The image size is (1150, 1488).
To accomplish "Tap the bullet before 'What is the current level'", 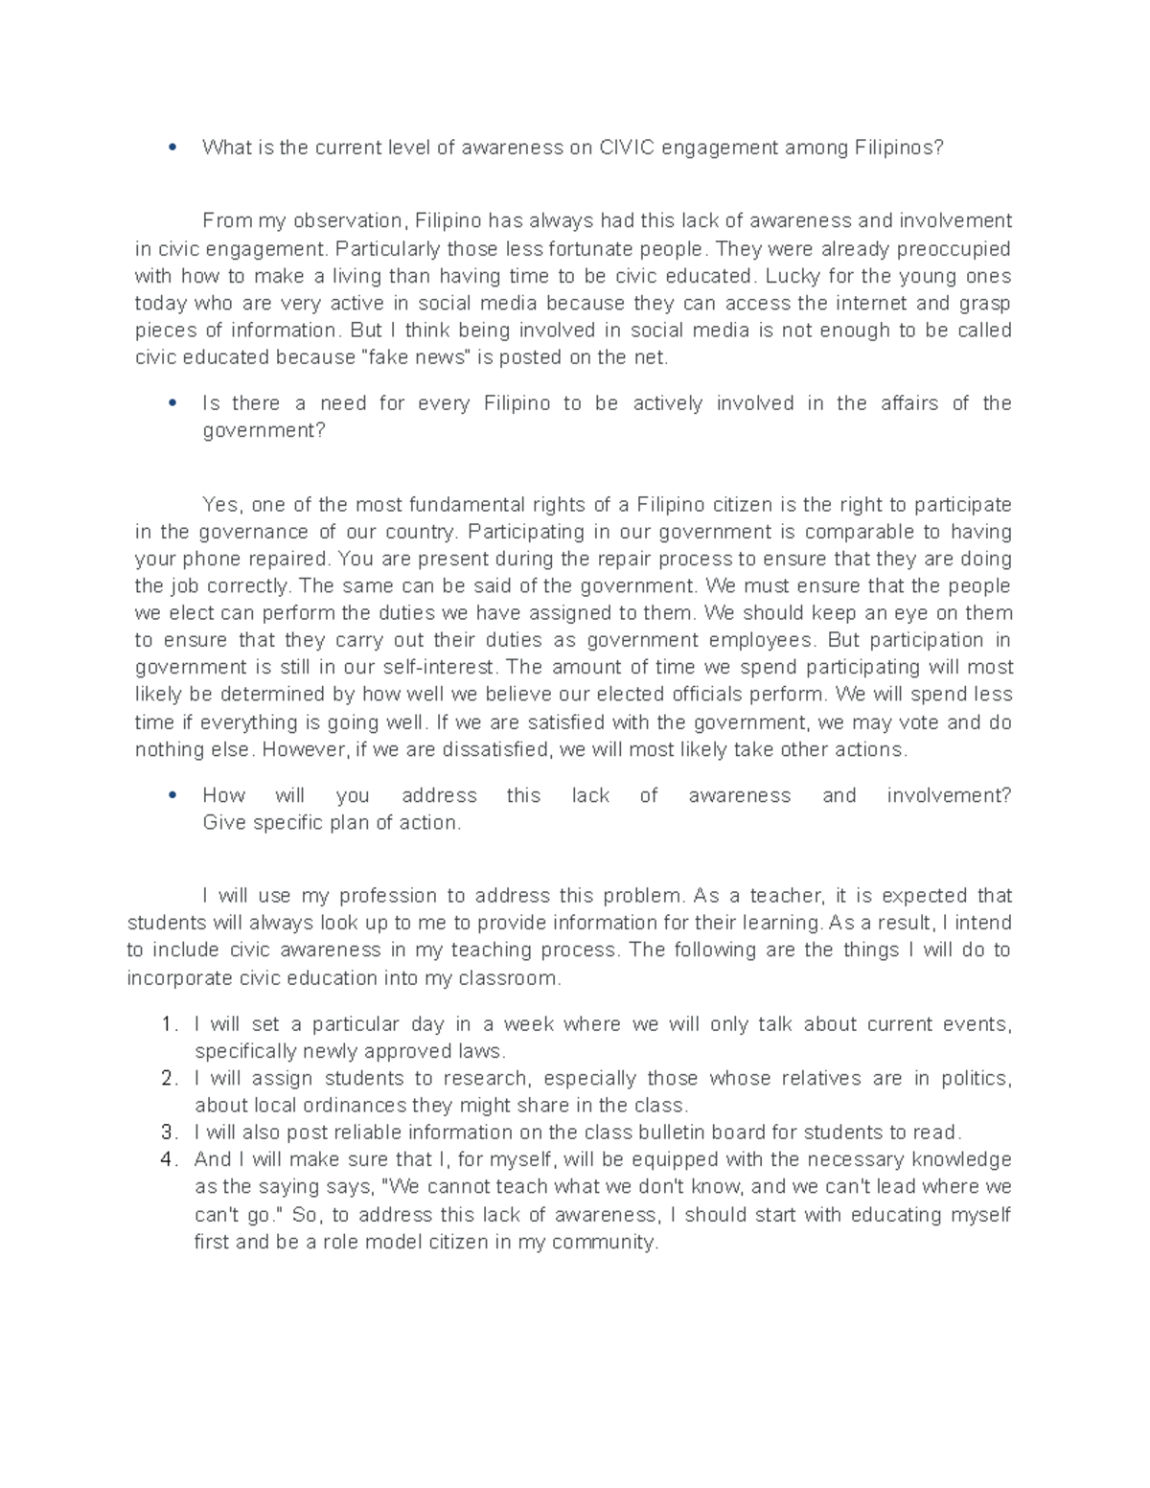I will (x=172, y=148).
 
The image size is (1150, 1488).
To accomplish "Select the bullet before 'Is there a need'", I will (x=172, y=403).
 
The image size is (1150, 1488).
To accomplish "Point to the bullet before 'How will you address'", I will (x=172, y=795).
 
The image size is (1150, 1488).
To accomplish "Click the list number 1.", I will (x=169, y=1024).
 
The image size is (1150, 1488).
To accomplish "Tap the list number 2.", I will (x=169, y=1078).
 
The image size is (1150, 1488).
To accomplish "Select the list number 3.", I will (x=169, y=1132).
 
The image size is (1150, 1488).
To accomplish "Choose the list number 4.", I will (x=169, y=1159).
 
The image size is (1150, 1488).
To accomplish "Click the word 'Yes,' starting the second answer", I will (x=224, y=505).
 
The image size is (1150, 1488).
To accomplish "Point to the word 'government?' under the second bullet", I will (x=264, y=430).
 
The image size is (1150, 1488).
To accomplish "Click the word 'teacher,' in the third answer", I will (x=787, y=896).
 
